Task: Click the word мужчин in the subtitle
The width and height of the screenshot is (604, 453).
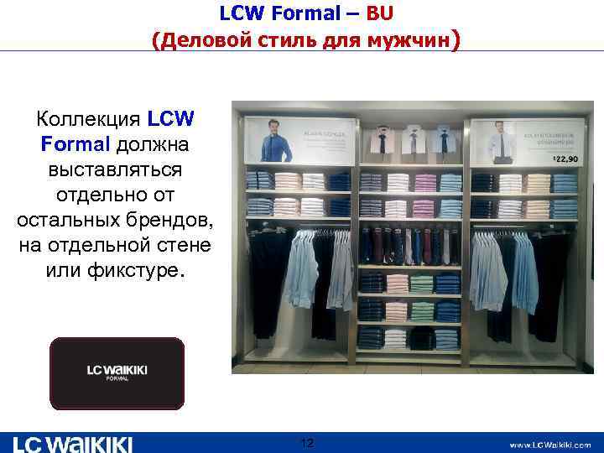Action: pos(404,40)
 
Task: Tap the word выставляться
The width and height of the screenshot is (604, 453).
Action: pos(116,169)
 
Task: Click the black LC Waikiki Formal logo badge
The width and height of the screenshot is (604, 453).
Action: pos(116,373)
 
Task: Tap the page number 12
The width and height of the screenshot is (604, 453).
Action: pos(306,442)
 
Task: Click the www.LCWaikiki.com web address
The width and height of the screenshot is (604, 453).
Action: pos(549,445)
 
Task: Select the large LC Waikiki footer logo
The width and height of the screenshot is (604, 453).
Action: pos(73,444)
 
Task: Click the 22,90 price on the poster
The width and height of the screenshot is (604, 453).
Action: pos(565,159)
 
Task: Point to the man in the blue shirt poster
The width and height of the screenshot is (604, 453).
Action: pos(274,139)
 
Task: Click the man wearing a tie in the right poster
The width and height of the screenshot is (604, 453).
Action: pos(499,143)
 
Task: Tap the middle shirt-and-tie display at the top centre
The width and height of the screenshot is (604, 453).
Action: pos(410,141)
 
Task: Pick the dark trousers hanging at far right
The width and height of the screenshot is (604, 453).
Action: pos(550,285)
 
